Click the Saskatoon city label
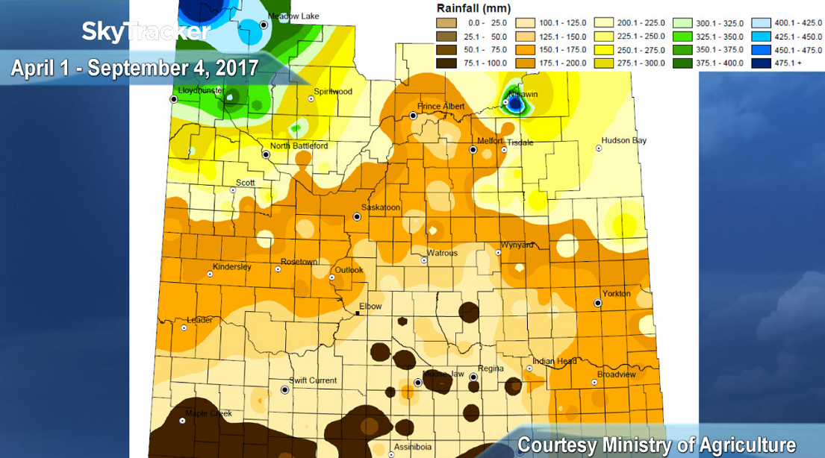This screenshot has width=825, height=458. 381,207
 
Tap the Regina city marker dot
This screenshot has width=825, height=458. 473,377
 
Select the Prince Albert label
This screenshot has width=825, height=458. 441,107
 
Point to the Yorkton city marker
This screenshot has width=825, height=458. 598,303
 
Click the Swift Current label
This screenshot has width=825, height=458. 313,380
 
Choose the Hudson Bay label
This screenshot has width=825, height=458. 624,140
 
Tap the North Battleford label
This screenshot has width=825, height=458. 299,146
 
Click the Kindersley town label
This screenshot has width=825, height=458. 232,267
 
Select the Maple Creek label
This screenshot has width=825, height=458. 208,413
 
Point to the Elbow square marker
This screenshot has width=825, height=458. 358,314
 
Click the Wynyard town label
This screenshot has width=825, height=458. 517,245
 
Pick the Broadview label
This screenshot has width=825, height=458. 616,375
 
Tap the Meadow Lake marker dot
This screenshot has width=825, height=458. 264,25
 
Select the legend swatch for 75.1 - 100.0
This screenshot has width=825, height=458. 448,63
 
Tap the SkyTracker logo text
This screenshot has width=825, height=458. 146,31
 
